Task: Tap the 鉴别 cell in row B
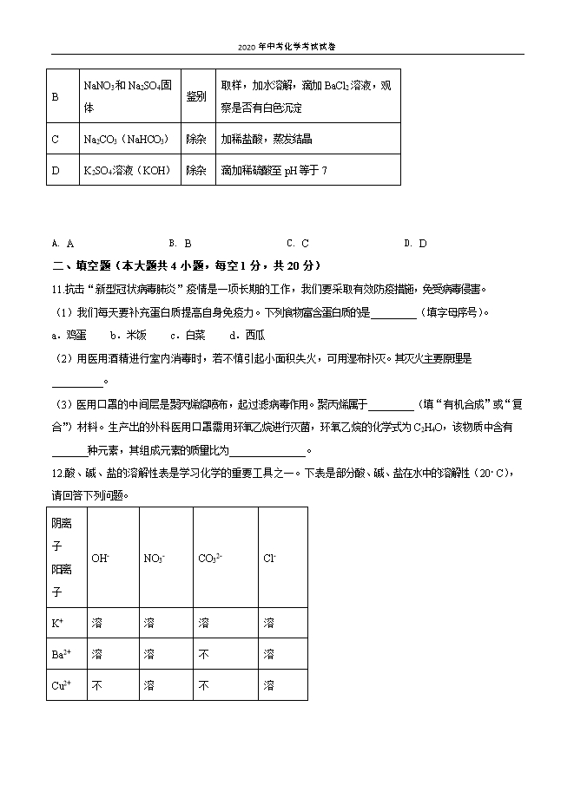(x=196, y=96)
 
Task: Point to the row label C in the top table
(x=56, y=139)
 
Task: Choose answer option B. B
(x=180, y=244)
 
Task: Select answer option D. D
(x=416, y=244)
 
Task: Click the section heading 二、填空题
(x=175, y=265)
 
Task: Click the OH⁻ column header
(x=101, y=559)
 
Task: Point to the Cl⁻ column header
(x=270, y=559)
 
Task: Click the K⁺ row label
(x=59, y=623)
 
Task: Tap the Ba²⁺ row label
(x=61, y=654)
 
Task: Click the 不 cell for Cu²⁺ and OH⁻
(x=97, y=685)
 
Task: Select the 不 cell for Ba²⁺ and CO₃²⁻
(x=204, y=654)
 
